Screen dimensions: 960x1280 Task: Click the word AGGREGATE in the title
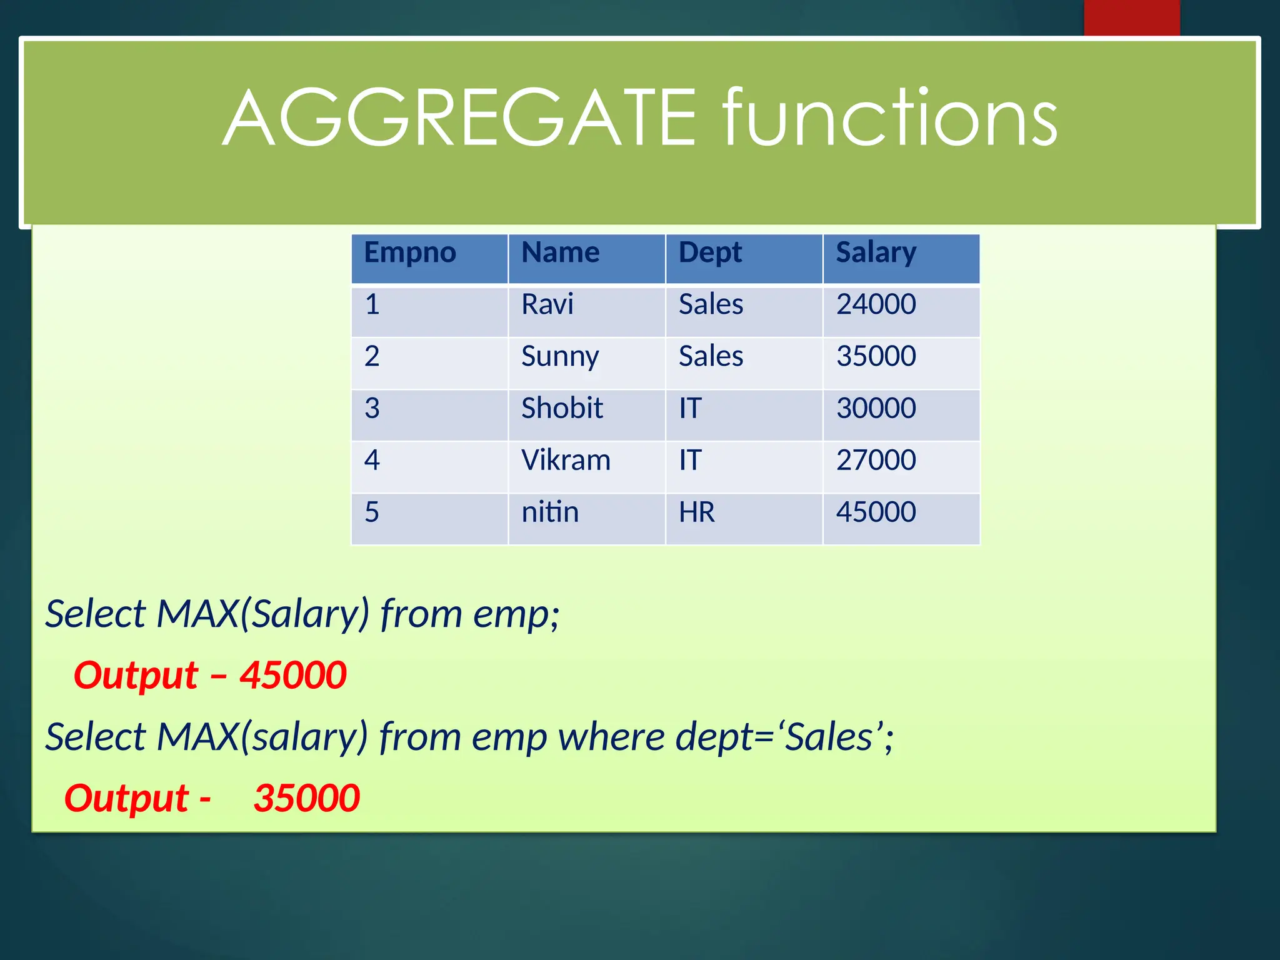tap(459, 119)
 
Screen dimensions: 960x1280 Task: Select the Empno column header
tap(410, 253)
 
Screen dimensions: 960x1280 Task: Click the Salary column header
tap(876, 253)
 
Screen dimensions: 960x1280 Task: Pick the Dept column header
tap(710, 253)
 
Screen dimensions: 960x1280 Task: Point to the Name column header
tap(561, 253)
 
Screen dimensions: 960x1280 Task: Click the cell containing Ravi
tap(547, 305)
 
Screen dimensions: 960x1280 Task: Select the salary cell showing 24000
tap(876, 305)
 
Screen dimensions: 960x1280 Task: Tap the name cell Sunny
tap(560, 357)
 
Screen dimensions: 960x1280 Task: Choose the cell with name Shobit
tap(562, 409)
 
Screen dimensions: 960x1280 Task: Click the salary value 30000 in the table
tap(876, 409)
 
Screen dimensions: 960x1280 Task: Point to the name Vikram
tap(566, 461)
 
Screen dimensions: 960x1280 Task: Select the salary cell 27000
tap(876, 461)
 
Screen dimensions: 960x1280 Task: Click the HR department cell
tap(697, 512)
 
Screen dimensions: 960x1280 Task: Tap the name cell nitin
tap(550, 512)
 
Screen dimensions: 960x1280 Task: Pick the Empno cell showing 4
tap(372, 461)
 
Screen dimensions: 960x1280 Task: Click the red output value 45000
tap(293, 676)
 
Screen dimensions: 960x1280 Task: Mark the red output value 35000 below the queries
tap(306, 798)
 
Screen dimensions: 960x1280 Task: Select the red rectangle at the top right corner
tap(1131, 17)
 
